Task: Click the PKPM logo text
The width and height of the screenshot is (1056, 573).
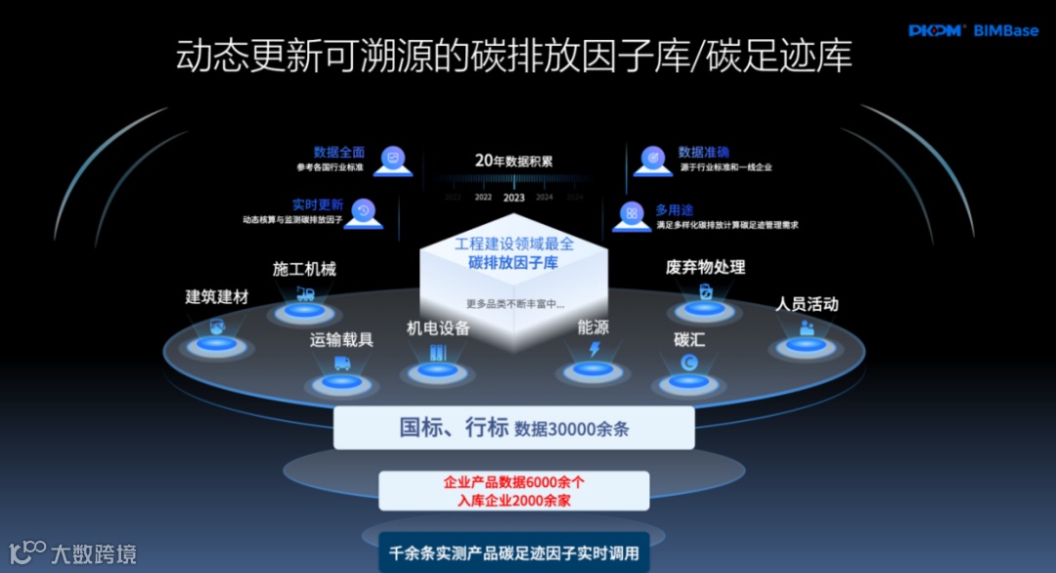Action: tap(936, 30)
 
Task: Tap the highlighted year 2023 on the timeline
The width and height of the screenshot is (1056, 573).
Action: tap(513, 197)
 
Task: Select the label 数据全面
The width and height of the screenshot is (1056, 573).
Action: tap(338, 152)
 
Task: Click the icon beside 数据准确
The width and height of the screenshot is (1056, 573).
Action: tap(652, 160)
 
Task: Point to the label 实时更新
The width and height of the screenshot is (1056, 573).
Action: tap(317, 204)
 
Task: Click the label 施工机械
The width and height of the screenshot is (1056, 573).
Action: tap(304, 269)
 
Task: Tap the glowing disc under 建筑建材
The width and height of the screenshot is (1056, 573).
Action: tap(216, 343)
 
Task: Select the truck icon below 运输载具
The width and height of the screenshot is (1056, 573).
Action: tap(342, 363)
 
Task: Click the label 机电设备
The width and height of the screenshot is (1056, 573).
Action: tap(438, 328)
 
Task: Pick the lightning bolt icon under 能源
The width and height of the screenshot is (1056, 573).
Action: tap(594, 350)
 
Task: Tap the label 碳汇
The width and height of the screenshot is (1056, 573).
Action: tap(689, 339)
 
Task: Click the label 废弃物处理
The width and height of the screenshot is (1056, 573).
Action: tap(705, 267)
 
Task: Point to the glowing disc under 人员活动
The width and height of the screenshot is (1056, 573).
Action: tap(806, 345)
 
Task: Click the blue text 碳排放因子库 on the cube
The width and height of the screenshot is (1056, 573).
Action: tap(513, 262)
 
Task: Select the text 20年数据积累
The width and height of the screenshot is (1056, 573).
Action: tap(513, 160)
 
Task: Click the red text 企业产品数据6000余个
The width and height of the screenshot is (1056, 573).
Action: tap(513, 482)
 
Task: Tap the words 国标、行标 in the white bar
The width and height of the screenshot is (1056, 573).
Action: tap(454, 427)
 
